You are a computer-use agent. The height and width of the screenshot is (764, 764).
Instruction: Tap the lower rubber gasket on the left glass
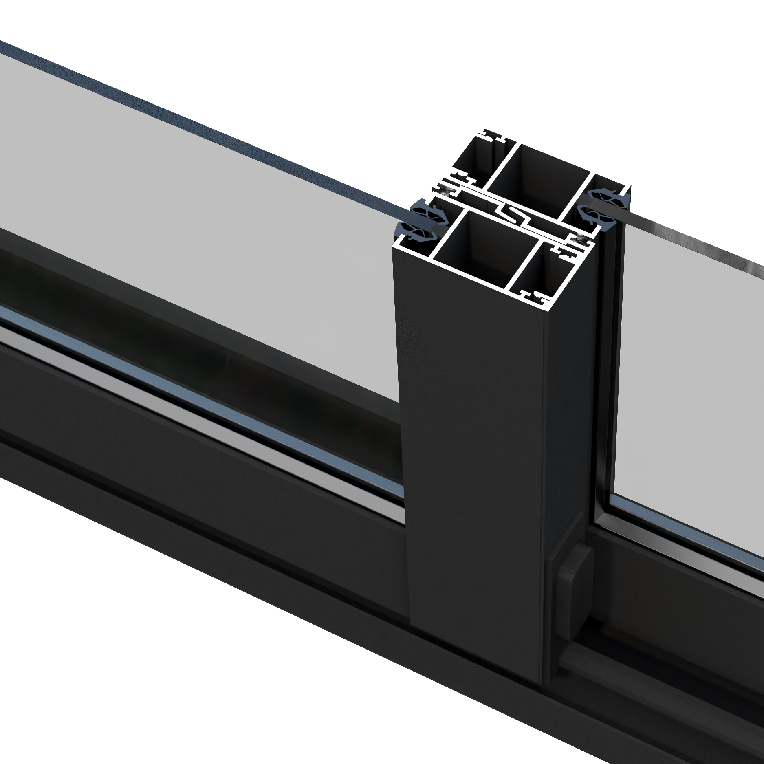click(x=415, y=232)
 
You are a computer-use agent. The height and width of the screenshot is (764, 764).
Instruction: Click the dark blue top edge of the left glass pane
click(x=204, y=122)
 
